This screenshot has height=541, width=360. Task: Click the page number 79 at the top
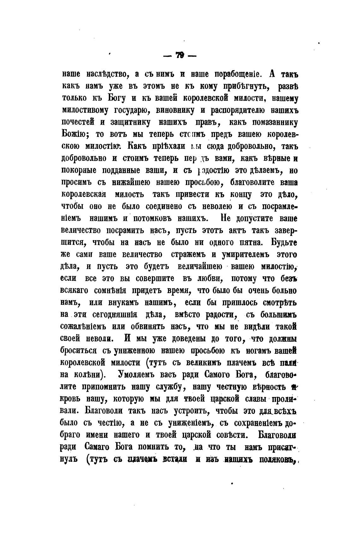180,56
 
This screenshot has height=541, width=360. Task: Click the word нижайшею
136,183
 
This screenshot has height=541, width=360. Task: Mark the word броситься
79,351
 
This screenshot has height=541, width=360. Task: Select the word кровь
71,399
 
